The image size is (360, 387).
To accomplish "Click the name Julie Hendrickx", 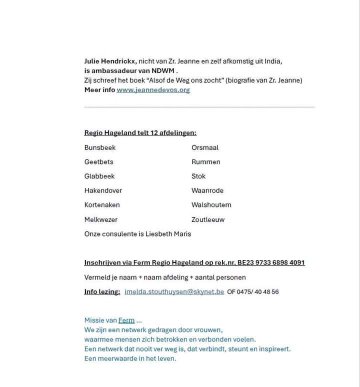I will click(110, 61).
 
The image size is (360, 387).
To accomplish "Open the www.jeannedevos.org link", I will click(153, 90).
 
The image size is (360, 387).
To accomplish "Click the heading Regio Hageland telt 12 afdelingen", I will click(140, 133).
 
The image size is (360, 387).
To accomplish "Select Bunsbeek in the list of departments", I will click(100, 147).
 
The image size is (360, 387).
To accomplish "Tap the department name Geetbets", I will click(99, 162).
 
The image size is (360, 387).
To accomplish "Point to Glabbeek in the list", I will click(99, 176).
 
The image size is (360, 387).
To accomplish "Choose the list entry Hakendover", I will click(103, 190).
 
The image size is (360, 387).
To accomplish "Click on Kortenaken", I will click(102, 204).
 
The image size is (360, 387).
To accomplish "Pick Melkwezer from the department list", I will click(101, 219).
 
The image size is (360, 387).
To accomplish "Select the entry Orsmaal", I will click(205, 147).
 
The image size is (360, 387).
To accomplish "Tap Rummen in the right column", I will click(205, 162).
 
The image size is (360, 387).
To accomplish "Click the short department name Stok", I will click(198, 176).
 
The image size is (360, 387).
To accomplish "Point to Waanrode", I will click(207, 190).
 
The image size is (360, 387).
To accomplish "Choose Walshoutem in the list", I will click(211, 204).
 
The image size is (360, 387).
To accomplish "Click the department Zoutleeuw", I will click(208, 219).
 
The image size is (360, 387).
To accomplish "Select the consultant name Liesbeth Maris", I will click(168, 233).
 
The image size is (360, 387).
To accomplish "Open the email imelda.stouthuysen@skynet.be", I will click(174, 291).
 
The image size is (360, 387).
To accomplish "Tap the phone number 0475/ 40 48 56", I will click(260, 291).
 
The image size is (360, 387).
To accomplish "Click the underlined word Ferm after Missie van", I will click(126, 320).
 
